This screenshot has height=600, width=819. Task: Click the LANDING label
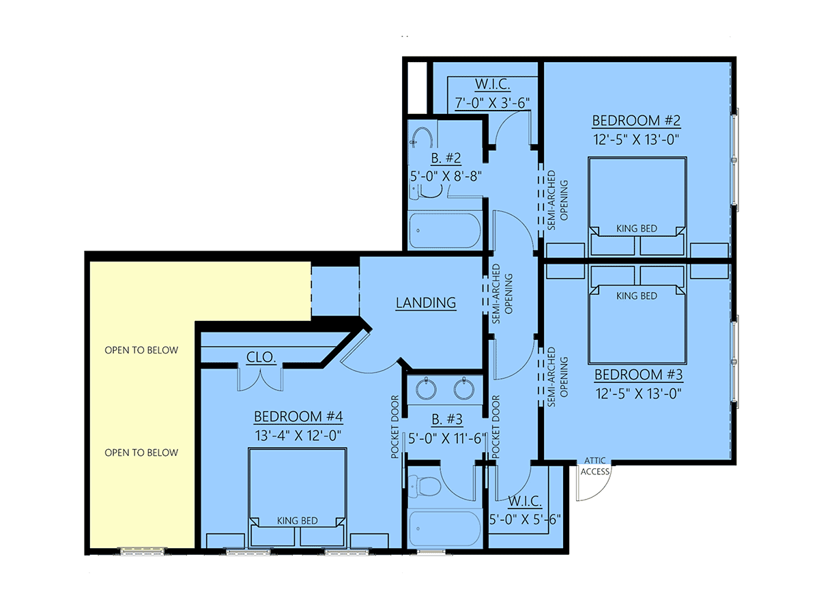426,303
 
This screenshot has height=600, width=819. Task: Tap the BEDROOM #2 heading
636,121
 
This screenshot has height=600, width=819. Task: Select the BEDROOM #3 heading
638,375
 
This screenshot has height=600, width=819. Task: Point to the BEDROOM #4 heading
298,416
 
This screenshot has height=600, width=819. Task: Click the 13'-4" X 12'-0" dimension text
298,435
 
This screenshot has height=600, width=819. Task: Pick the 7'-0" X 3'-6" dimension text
492,103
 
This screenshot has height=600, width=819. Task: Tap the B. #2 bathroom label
446,158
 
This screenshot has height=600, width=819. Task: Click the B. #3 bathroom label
447,419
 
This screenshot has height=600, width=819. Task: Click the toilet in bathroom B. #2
425,191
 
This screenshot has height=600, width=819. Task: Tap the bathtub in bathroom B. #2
444,231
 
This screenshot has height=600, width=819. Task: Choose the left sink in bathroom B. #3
427,388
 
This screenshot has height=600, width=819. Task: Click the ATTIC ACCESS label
595,466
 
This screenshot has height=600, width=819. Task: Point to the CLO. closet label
261,357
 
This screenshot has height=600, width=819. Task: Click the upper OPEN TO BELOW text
141,350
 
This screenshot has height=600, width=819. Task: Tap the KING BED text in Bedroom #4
298,521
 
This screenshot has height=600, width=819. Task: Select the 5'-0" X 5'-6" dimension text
525,519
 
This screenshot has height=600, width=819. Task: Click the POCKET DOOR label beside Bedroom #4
394,427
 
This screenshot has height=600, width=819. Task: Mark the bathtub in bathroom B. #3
444,529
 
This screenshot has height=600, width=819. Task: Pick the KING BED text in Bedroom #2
637,229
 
